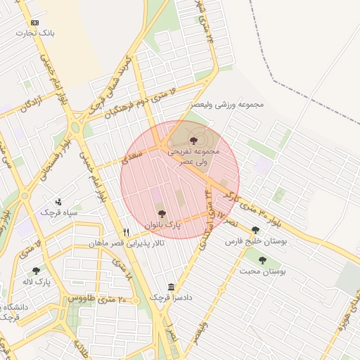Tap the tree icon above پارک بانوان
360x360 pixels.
[x=162, y=213]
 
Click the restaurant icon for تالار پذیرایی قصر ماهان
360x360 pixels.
[x=127, y=231]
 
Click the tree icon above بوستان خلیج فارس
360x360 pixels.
[x=255, y=230]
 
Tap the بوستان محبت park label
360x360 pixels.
[x=262, y=271]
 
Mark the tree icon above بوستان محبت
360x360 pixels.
[x=262, y=260]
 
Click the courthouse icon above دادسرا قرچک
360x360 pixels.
[x=172, y=287]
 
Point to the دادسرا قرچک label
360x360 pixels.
[x=171, y=297]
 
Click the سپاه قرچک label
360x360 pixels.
[x=58, y=212]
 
